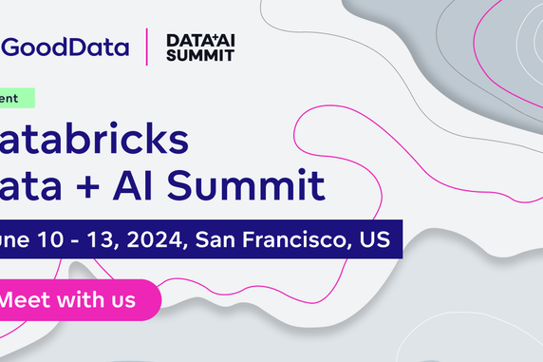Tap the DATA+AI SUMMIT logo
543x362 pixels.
[x=198, y=47]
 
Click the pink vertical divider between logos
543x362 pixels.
[x=147, y=47]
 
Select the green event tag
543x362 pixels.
[x=17, y=97]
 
